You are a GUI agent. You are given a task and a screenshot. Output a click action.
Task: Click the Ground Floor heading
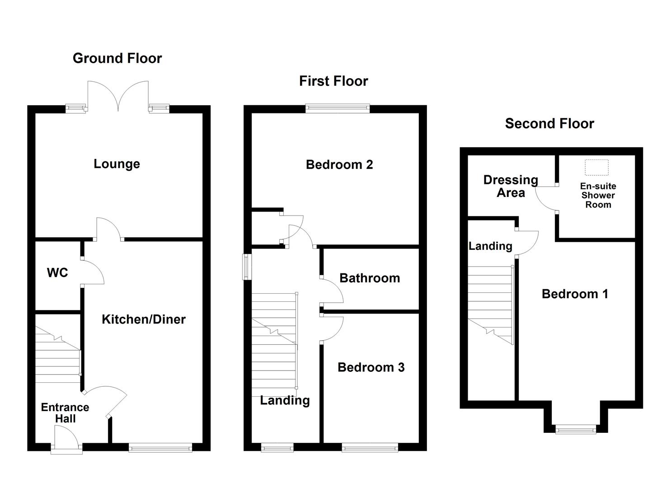pos(117,58)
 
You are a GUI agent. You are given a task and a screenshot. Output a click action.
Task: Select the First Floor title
pos(333,81)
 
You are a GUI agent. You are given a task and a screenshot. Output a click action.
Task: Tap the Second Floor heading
pos(549,124)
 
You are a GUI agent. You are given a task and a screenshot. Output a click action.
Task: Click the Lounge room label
pos(117,164)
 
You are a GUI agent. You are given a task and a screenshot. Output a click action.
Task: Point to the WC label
pos(57,272)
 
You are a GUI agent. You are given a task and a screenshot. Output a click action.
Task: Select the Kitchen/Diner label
pos(143,319)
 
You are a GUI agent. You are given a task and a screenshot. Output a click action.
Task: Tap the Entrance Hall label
pos(65,413)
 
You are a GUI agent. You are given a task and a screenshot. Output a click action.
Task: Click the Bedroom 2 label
pos(339,164)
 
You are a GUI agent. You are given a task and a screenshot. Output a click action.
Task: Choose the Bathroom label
pos(370,278)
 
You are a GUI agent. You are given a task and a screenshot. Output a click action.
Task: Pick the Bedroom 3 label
pos(371,367)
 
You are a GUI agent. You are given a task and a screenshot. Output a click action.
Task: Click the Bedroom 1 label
pos(575,294)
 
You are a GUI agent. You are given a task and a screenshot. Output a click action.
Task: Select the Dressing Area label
pos(511,186)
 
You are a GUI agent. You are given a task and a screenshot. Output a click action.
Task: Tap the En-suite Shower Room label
pos(598,195)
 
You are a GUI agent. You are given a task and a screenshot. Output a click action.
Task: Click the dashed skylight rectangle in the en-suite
pos(597,168)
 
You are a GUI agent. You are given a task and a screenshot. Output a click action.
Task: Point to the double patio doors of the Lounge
pos(118,97)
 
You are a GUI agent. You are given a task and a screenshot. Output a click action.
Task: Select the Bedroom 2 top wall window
pos(338,108)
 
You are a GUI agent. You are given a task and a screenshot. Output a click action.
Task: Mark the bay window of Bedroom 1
pos(576,429)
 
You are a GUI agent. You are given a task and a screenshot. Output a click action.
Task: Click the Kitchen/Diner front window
pos(160,448)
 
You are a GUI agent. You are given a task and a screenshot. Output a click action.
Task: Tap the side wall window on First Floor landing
pos(247,267)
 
